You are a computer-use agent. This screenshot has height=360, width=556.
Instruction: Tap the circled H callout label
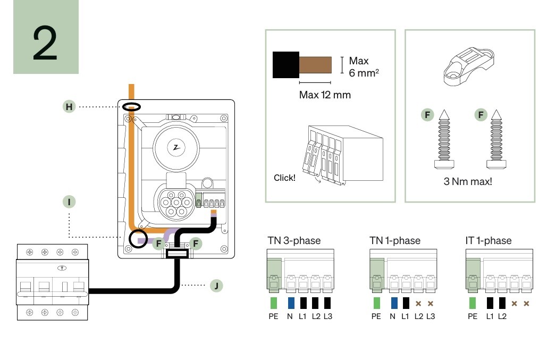[x=69, y=107]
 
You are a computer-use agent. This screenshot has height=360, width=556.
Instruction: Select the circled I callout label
[x=69, y=202]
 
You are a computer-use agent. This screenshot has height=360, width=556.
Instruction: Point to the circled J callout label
[x=216, y=286]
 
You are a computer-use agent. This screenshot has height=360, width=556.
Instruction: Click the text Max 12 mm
[x=324, y=95]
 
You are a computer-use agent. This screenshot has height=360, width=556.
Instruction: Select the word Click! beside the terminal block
[x=284, y=178]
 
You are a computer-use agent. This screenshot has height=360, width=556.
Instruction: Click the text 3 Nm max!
[x=468, y=181]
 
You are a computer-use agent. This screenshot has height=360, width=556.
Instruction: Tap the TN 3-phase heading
[x=294, y=241]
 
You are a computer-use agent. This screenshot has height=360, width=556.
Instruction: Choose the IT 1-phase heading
[x=488, y=241]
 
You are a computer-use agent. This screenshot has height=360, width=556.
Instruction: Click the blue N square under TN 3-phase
[x=290, y=303]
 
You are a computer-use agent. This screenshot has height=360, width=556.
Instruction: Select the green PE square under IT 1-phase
[x=472, y=303]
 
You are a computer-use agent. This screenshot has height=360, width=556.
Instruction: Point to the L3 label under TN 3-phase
[x=327, y=316]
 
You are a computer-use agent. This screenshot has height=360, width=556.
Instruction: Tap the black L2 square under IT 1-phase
[x=502, y=303]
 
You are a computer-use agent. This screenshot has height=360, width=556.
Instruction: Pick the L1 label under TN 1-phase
[x=406, y=316]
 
